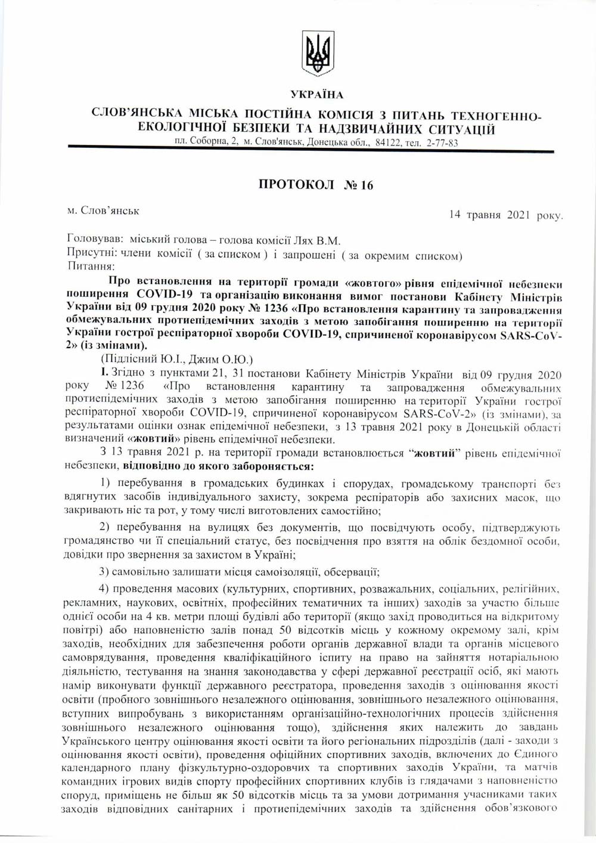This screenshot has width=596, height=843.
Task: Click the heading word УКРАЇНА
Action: [316, 95]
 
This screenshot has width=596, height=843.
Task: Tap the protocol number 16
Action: [366, 184]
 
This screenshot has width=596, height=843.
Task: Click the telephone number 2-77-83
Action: [442, 143]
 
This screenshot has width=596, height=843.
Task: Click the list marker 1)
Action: [106, 482]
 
